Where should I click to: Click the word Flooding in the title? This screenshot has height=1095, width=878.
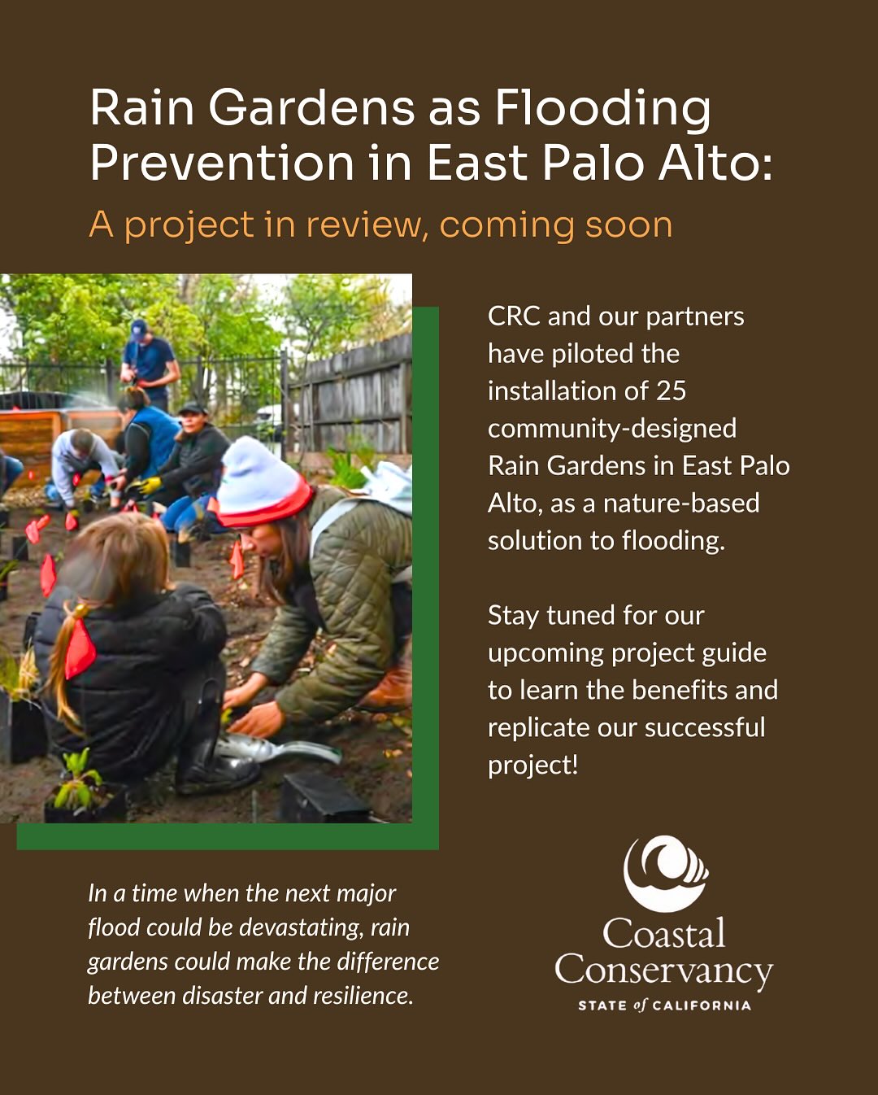coord(602,108)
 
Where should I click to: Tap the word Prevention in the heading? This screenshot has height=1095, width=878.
coord(222,162)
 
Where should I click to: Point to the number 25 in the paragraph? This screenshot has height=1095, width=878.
coord(671,391)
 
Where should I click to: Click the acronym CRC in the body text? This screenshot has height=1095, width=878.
coord(514,316)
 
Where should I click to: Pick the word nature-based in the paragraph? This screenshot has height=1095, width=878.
coord(681,504)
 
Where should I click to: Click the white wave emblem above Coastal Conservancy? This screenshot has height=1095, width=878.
coord(664,873)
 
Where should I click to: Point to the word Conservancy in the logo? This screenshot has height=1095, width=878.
coord(663,971)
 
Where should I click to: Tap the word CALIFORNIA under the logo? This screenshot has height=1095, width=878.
coord(702,1006)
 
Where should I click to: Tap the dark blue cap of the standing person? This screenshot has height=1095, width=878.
coord(139,329)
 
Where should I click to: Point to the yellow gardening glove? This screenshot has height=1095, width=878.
coord(150,486)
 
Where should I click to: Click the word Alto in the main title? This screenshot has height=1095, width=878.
coord(715,162)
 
